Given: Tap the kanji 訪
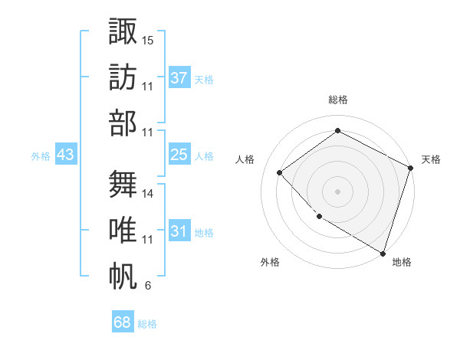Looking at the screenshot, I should pyautogui.click(x=123, y=77).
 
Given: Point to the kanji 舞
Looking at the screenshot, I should pyautogui.click(x=123, y=185).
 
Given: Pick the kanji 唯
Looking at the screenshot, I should pyautogui.click(x=123, y=231).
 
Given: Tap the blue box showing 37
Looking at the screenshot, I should pyautogui.click(x=179, y=78).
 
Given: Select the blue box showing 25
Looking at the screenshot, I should pyautogui.click(x=179, y=155).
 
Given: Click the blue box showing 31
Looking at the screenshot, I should pyautogui.click(x=179, y=231).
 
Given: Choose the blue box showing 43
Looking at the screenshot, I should pyautogui.click(x=66, y=155).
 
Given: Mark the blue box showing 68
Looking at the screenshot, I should pyautogui.click(x=123, y=322).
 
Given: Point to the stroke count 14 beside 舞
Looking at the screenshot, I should pyautogui.click(x=148, y=193).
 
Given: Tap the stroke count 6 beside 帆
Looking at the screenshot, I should pyautogui.click(x=147, y=286).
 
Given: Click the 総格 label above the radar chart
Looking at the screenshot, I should pyautogui.click(x=338, y=100).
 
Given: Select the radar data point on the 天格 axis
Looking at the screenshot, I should pyautogui.click(x=410, y=168).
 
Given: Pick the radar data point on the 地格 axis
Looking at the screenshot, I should pyautogui.click(x=383, y=252).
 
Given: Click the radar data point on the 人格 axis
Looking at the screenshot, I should pyautogui.click(x=280, y=172).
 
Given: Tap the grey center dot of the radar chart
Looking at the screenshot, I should pyautogui.click(x=338, y=191).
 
